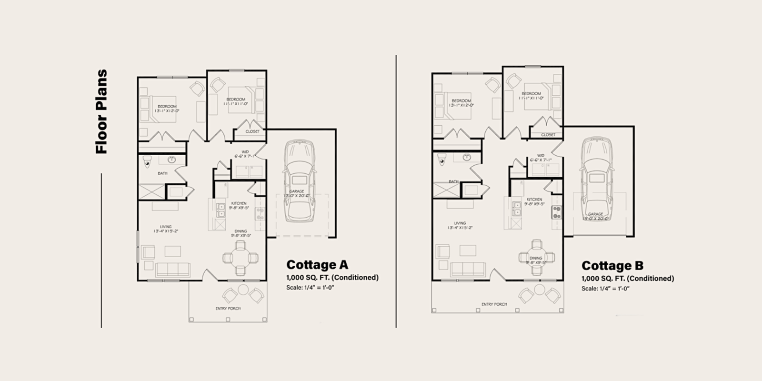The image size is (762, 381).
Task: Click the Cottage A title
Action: point(317,265)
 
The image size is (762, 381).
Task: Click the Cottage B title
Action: point(612,266)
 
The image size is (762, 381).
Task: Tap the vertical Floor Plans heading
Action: point(101,112)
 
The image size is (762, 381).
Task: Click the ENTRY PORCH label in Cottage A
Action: point(228,309)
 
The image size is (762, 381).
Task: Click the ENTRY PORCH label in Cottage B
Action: point(494,304)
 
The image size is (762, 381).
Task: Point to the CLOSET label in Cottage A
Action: point(252,131)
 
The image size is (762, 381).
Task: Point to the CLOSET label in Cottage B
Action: point(548,135)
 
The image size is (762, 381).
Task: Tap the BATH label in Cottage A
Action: point(162,173)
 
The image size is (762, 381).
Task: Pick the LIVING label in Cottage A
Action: point(166,227)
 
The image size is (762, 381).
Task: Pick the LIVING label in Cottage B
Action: point(460,223)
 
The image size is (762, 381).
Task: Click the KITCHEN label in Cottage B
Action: point(534,200)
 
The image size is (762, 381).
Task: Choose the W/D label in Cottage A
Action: point(245,152)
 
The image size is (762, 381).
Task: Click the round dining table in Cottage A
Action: point(241,258)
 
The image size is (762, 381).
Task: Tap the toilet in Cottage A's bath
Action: point(148,160)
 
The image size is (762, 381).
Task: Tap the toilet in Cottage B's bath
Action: point(442,158)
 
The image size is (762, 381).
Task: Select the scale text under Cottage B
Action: point(605,289)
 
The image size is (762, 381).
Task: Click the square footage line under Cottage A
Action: point(332,278)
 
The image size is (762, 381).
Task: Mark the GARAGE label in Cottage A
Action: point(296,191)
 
